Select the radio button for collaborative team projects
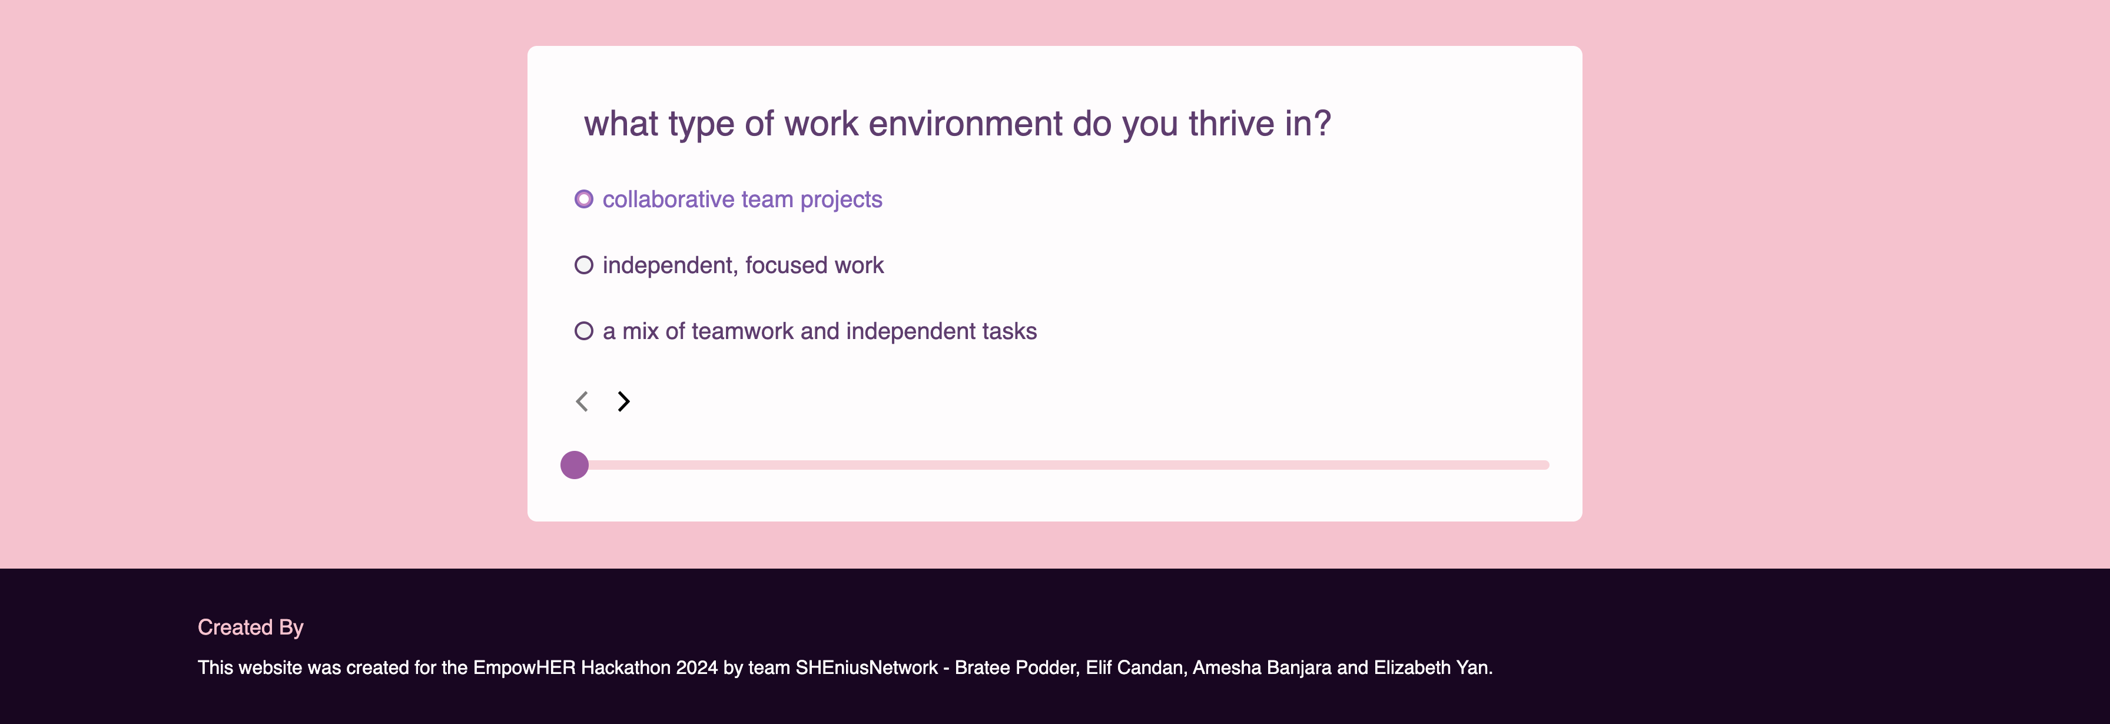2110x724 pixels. click(583, 199)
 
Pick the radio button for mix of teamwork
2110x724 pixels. click(583, 331)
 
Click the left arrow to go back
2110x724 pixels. click(582, 401)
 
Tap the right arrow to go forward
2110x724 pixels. click(623, 401)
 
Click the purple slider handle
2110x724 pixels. click(574, 465)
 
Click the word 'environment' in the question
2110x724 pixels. click(966, 124)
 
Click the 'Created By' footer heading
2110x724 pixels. click(251, 627)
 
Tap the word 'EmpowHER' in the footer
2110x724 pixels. click(524, 667)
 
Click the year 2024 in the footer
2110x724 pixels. click(696, 667)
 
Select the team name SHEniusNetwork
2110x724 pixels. click(867, 667)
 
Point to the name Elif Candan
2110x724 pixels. click(1134, 667)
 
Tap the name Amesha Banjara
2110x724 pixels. click(1262, 668)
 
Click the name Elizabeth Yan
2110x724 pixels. click(1431, 667)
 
